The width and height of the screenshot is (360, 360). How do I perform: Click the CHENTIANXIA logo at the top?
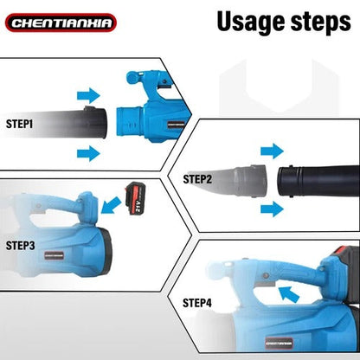61,22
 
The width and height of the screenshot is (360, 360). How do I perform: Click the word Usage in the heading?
251,22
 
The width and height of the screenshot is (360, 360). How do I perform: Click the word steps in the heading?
321,22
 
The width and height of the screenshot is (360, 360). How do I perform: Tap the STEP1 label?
19,124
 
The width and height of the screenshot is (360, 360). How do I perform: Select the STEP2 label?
197,179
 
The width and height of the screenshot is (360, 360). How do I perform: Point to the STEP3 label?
20,246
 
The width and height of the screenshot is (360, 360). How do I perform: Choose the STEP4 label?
197,303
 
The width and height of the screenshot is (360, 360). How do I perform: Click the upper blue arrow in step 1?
88,95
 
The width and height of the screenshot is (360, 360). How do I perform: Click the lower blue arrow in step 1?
88,153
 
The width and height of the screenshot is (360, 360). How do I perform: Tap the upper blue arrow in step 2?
272,151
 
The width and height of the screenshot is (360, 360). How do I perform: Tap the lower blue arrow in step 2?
272,209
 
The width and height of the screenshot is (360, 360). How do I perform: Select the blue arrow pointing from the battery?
111,205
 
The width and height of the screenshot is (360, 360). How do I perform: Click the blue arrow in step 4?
289,294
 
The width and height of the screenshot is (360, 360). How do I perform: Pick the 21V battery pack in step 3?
136,198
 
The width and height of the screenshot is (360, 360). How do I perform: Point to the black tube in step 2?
318,181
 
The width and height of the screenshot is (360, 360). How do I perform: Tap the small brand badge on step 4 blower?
280,344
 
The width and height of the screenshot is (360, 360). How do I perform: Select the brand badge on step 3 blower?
55,255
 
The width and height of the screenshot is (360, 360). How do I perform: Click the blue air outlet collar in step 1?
129,121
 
